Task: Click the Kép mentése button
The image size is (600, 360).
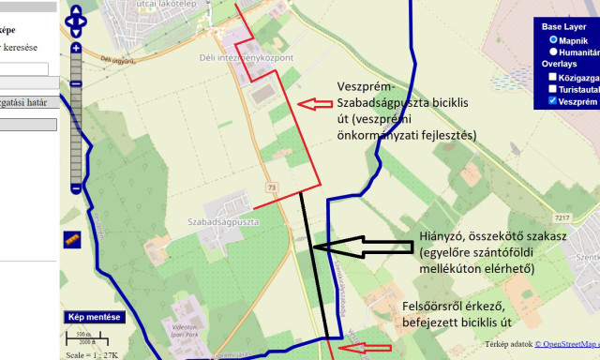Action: tap(93, 317)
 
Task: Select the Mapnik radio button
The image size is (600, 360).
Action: tap(554, 40)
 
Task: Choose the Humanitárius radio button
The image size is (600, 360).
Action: tap(554, 52)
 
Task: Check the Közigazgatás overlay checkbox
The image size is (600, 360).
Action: tap(553, 77)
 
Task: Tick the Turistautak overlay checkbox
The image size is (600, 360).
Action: tap(553, 89)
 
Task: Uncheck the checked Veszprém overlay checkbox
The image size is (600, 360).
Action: tap(553, 100)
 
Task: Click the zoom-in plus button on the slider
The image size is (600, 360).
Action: tap(76, 48)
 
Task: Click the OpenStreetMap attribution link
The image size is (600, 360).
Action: tap(566, 344)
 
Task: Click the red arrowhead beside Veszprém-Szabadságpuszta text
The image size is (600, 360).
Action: tap(300, 103)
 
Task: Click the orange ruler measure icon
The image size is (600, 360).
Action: tap(72, 240)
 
